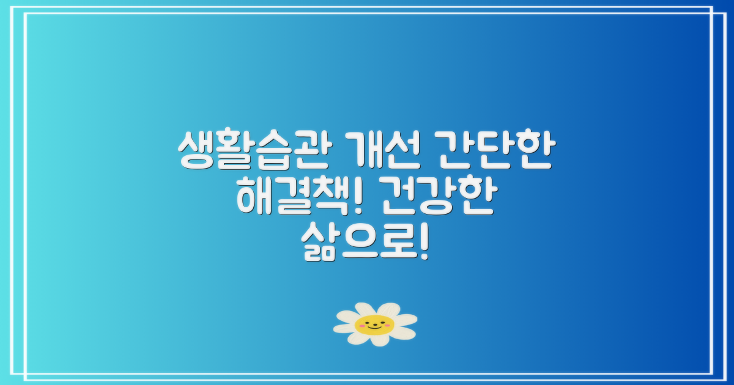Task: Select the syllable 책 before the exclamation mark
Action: [333, 199]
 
